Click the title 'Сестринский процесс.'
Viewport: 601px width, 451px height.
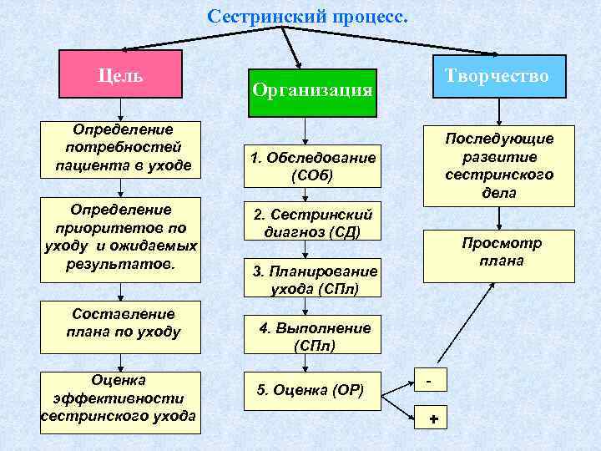tap(307, 16)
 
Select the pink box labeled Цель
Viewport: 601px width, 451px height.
tap(120, 73)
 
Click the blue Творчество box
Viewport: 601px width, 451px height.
tap(497, 76)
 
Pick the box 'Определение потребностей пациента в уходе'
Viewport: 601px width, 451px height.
tap(123, 148)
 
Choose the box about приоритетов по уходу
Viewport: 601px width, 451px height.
tap(121, 236)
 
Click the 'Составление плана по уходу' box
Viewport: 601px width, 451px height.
tap(123, 322)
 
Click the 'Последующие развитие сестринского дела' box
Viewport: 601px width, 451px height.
tap(498, 165)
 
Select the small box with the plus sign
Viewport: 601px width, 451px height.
tap(432, 418)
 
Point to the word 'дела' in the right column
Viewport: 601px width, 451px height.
tap(499, 193)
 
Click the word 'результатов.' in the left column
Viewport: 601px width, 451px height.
tap(121, 263)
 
